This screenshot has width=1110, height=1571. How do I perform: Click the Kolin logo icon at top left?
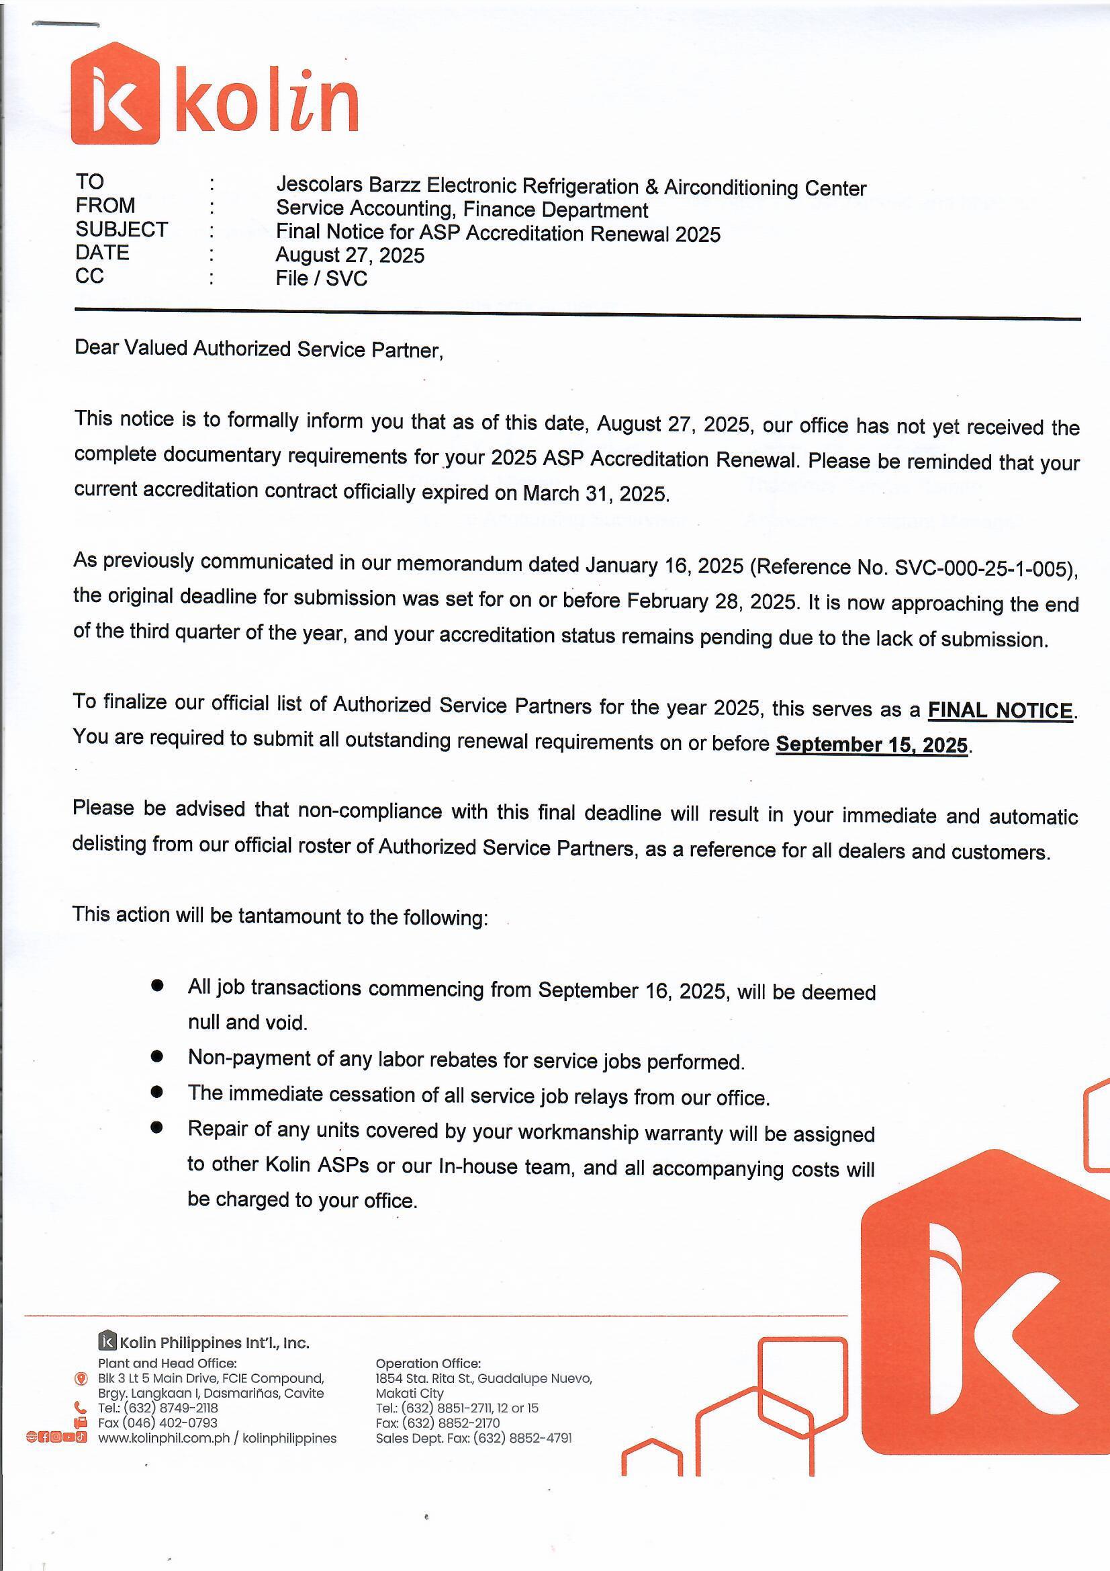(115, 94)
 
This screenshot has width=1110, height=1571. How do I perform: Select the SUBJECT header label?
(122, 229)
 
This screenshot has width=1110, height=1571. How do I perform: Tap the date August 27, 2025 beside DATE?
(349, 255)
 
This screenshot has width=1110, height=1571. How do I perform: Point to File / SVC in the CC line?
(322, 278)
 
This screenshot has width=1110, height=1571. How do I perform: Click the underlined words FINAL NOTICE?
(999, 710)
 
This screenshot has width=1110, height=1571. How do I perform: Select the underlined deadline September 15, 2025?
(872, 745)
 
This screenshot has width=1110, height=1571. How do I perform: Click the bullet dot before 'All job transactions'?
(157, 985)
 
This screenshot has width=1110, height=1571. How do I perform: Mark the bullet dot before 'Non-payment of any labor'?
(157, 1056)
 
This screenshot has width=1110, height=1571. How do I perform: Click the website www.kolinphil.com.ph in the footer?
(163, 1438)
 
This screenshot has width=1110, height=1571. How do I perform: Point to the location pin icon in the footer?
(81, 1379)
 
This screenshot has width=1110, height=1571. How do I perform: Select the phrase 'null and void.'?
(248, 1022)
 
